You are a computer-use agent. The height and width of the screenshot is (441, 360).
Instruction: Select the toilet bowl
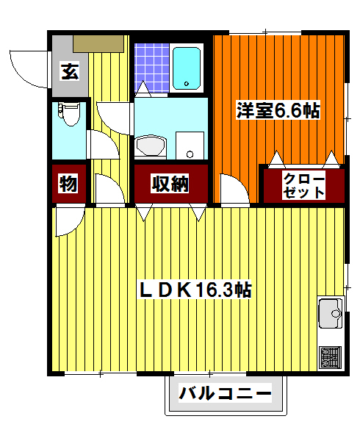[69, 118]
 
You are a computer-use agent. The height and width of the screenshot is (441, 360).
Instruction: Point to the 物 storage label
[68, 184]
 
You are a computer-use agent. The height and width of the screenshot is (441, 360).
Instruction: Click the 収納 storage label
[170, 184]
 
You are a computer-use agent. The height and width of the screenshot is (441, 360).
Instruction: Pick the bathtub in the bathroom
[187, 67]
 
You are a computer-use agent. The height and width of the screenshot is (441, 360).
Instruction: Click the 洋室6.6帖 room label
[277, 111]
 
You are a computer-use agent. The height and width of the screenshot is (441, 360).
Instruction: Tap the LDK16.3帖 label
[195, 290]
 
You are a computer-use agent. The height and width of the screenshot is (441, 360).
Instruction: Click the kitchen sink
[330, 315]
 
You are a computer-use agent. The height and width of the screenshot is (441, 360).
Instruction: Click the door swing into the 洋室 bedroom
[234, 190]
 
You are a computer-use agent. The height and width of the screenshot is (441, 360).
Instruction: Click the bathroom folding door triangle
[144, 89]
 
